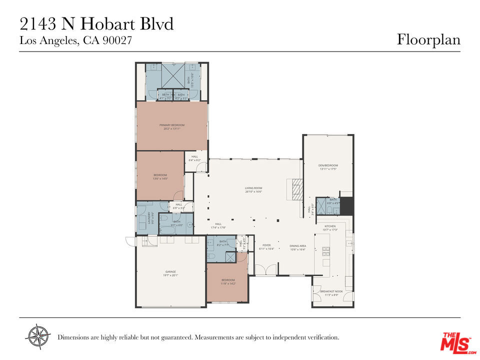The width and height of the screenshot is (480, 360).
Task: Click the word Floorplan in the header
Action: [428, 39]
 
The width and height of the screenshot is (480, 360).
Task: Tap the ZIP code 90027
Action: [116, 41]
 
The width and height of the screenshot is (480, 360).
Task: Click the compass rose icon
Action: [38, 336]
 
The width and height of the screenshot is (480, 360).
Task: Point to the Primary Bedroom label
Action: [172, 124]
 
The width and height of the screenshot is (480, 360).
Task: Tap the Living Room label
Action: [253, 188]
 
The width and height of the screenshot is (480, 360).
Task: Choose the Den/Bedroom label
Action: [328, 165]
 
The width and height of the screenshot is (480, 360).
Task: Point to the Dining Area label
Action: [298, 245]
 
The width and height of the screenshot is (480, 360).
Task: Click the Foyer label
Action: [266, 245]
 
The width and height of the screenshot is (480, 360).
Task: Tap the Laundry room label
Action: [149, 218]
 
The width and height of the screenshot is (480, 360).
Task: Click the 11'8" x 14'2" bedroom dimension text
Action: [228, 283]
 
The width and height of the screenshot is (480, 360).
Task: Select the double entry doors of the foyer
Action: [265, 269]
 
